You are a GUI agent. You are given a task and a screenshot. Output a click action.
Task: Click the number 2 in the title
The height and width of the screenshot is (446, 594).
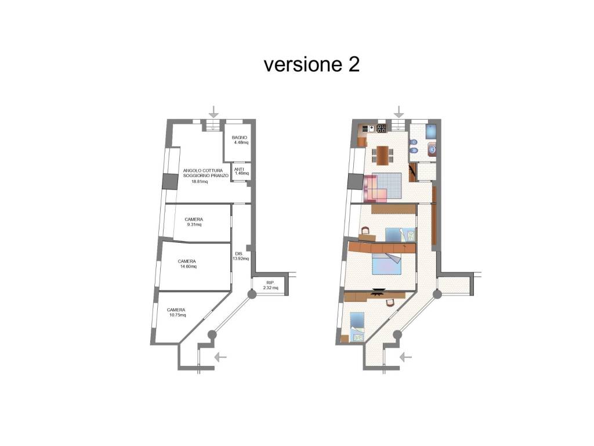(352, 64)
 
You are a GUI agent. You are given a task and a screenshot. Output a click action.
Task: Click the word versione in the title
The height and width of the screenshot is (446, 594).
(302, 65)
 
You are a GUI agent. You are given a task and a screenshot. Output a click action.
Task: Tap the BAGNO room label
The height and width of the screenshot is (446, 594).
(240, 138)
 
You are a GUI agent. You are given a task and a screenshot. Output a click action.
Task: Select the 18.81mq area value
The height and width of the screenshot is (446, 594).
(200, 182)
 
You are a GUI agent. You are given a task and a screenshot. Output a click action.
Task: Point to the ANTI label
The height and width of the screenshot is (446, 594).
(239, 169)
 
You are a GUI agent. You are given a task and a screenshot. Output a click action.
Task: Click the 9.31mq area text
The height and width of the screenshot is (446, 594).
(194, 225)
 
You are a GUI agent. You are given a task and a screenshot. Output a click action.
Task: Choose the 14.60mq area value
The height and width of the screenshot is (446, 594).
(189, 266)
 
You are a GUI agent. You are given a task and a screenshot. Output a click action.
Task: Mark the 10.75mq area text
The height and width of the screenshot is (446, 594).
(178, 315)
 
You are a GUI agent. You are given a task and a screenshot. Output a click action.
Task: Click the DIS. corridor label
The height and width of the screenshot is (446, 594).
(238, 254)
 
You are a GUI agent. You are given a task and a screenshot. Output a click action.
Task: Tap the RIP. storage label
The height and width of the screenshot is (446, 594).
(270, 283)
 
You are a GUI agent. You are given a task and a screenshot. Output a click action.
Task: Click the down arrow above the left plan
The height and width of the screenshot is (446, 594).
(214, 112)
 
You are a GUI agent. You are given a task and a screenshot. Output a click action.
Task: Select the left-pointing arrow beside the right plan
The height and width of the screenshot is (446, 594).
(405, 357)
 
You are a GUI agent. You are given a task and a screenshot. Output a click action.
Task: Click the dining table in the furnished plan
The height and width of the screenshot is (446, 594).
(382, 156)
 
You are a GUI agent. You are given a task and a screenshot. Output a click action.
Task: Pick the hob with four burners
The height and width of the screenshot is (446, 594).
(381, 128)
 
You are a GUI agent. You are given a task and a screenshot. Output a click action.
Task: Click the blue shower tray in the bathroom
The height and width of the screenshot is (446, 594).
(431, 131)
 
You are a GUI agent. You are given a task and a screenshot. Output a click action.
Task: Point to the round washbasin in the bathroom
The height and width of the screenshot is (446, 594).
(432, 150)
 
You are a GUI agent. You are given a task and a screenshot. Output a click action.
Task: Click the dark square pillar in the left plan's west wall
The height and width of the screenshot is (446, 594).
(170, 181)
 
